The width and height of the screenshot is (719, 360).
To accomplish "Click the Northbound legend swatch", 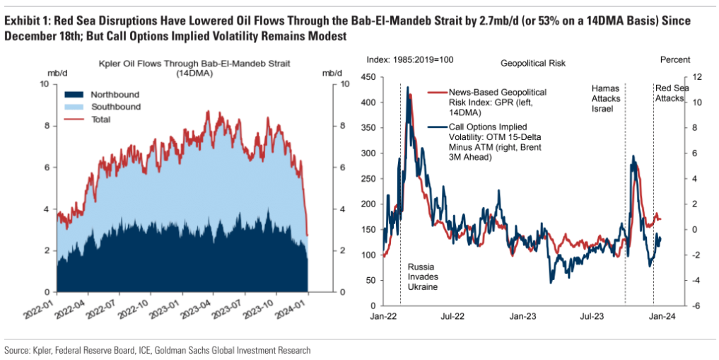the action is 74,95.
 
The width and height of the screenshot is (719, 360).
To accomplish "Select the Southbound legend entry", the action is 103,108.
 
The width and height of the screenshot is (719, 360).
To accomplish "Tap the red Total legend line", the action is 74,120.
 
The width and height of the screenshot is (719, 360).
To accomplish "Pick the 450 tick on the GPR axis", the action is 369,78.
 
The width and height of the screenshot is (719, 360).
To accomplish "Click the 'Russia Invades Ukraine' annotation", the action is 423,277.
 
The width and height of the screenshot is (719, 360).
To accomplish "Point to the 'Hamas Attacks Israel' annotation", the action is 606,98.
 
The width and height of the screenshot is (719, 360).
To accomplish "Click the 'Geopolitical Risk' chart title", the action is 533,64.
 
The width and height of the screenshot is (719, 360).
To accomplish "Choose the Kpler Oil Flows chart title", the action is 194,68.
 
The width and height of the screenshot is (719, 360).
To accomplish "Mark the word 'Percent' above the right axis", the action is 675,60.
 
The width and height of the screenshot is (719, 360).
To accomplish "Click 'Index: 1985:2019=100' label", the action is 410,60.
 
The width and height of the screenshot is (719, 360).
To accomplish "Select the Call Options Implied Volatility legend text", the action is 484,142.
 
